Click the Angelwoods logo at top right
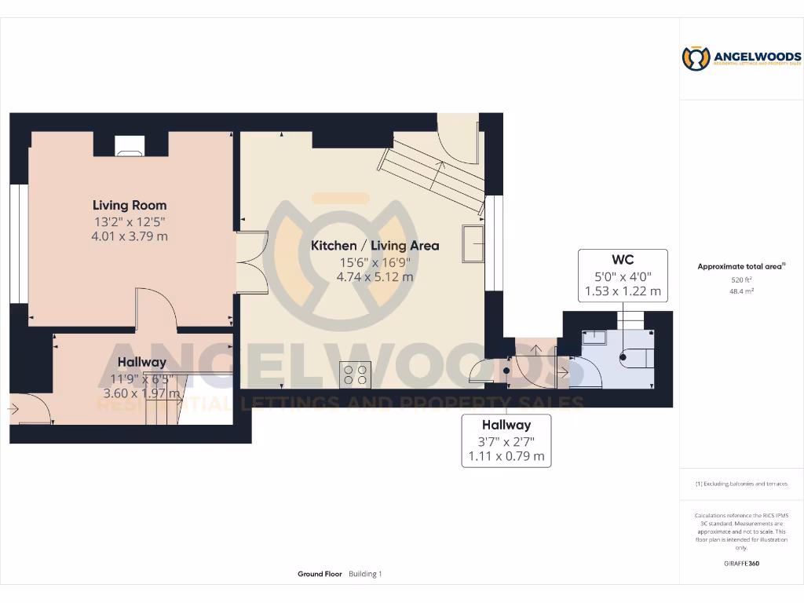741,58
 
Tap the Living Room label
130,206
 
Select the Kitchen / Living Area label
375,246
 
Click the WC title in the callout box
623,260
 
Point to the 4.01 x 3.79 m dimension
130,236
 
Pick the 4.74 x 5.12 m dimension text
375,276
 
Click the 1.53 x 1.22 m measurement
623,291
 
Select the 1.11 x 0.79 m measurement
506,456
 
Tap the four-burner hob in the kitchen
354,374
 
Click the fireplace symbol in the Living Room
130,145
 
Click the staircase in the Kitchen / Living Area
433,174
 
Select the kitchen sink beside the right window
473,243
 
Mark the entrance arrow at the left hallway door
13,409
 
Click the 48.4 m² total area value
741,291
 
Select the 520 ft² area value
741,280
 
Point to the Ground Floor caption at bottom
320,574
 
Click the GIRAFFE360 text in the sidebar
741,563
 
